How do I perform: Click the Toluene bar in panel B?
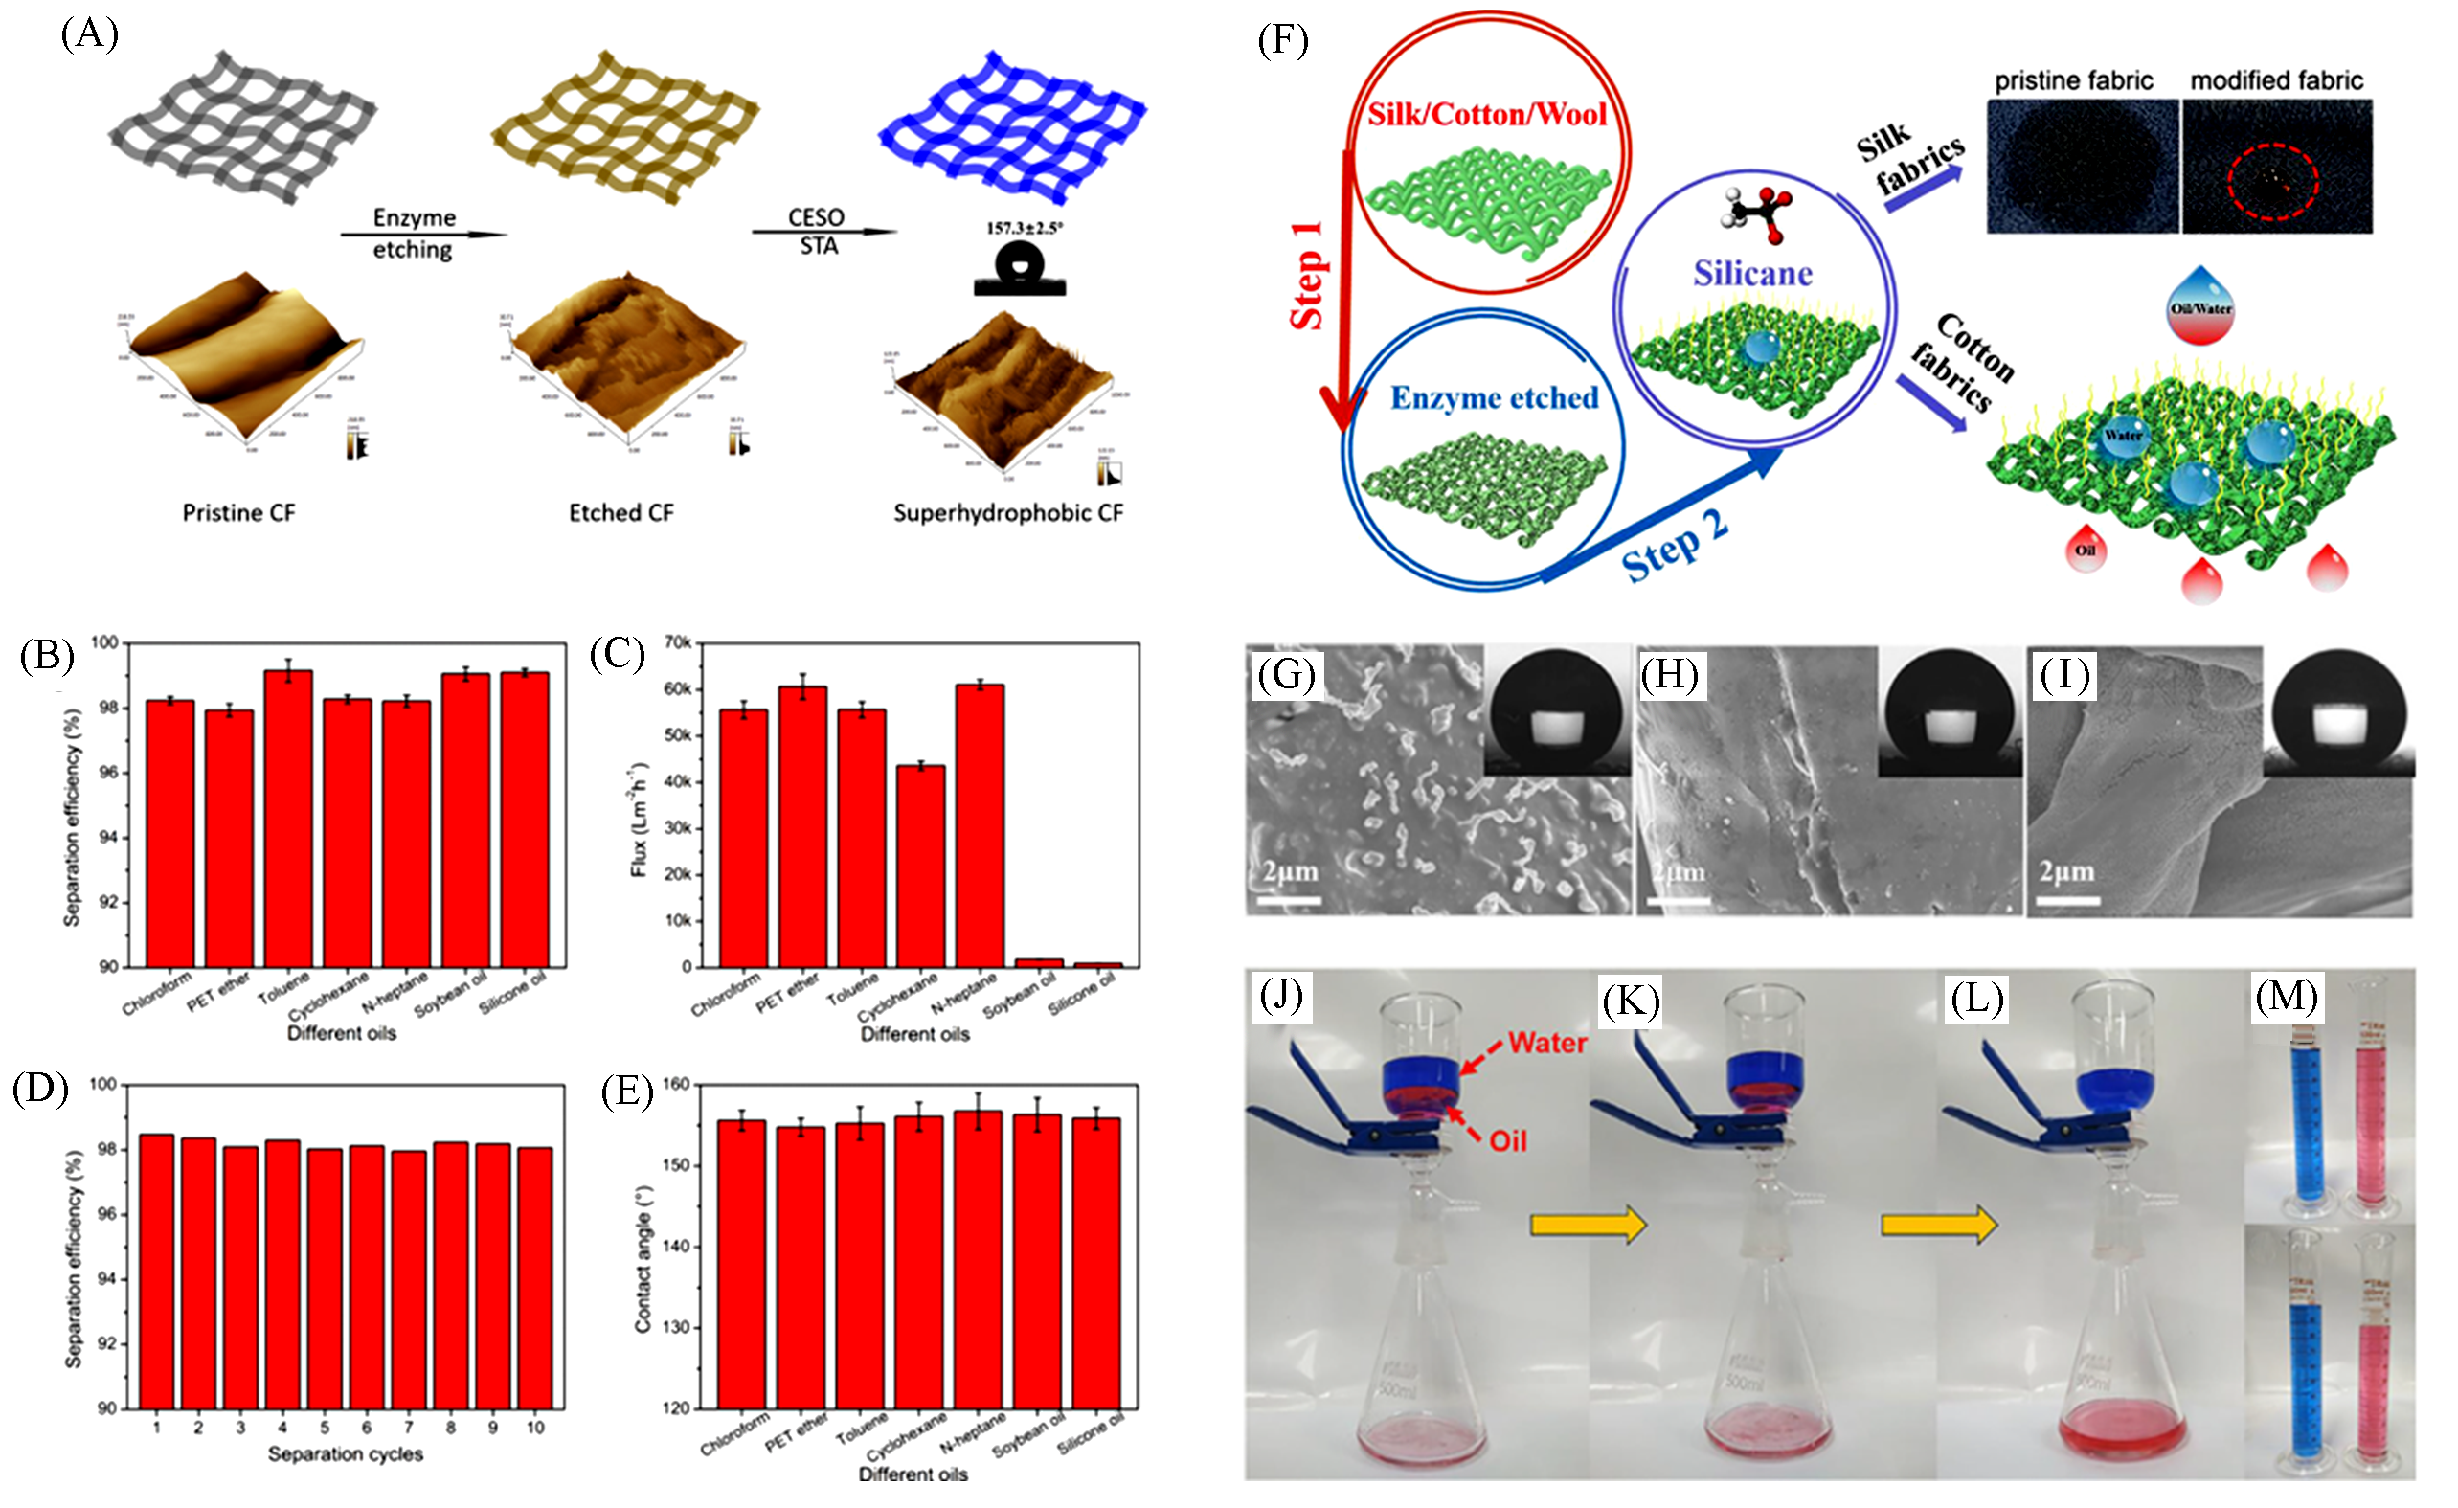(287, 818)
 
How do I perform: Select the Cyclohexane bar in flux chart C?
(920, 866)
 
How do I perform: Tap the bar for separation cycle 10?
(534, 1276)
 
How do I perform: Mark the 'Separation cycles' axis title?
(345, 1454)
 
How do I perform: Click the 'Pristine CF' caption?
(238, 512)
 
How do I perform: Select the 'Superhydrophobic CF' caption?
(1007, 512)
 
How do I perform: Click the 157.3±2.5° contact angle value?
(1025, 228)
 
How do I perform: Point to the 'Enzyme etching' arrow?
(423, 236)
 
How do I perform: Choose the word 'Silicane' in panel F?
(1751, 273)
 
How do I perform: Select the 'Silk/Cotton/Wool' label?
(1486, 115)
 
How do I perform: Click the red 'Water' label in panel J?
(1547, 1044)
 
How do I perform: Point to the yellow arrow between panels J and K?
(1589, 1224)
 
